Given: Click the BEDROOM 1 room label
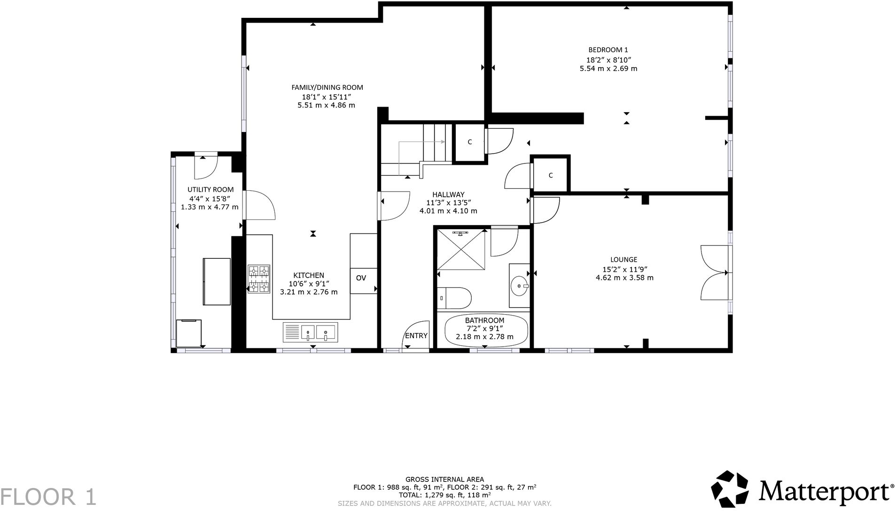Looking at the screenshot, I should [x=608, y=50].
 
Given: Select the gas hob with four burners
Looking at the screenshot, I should [x=259, y=279].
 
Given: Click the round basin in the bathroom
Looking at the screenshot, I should [x=519, y=285].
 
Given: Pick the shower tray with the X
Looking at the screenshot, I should [x=460, y=249].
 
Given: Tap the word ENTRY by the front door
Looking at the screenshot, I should [x=416, y=335].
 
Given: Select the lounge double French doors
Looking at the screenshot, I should [x=714, y=272].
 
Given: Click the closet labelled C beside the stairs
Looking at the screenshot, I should [x=469, y=142].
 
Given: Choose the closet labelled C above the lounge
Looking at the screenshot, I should [x=550, y=175].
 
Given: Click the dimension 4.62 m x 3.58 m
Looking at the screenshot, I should [x=624, y=278].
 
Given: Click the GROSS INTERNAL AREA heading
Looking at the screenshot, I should [x=444, y=480].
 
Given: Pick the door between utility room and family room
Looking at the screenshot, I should [x=258, y=205].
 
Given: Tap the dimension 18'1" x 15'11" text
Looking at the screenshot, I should [x=327, y=97].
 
